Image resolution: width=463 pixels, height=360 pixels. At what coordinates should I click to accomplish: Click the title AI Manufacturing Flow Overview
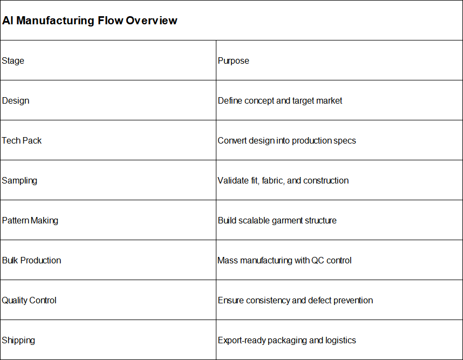tap(90, 21)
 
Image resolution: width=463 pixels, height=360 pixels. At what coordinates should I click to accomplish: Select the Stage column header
tap(13, 60)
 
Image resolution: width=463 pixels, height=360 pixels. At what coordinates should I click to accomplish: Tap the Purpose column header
tap(233, 60)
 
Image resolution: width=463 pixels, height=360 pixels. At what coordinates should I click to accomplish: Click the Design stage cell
tap(16, 101)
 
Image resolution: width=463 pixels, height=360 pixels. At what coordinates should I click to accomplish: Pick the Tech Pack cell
tap(22, 140)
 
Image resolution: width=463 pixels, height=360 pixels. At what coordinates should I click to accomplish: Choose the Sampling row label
tap(19, 180)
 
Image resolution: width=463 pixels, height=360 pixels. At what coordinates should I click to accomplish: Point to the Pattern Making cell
tap(30, 220)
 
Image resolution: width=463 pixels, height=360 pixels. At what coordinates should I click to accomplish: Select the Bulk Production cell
tap(32, 260)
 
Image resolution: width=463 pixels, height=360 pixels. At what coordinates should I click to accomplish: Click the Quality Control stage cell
tap(29, 300)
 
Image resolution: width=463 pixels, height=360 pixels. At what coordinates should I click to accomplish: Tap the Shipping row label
tap(18, 340)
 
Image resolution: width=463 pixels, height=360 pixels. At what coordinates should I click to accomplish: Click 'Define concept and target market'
tap(280, 101)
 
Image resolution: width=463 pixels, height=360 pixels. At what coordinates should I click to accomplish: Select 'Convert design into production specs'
tap(287, 140)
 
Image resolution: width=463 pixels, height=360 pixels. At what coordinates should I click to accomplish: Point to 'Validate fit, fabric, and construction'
tap(283, 180)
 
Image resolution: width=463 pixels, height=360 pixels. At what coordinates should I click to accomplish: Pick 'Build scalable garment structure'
tap(277, 220)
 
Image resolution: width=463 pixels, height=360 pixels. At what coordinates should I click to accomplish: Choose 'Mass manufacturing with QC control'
tap(284, 260)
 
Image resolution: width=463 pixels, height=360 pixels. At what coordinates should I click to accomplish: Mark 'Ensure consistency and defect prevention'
tap(295, 300)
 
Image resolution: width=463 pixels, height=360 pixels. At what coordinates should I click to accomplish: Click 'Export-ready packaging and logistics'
tap(287, 340)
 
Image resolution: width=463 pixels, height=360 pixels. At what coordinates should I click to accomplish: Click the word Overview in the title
tap(152, 21)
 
